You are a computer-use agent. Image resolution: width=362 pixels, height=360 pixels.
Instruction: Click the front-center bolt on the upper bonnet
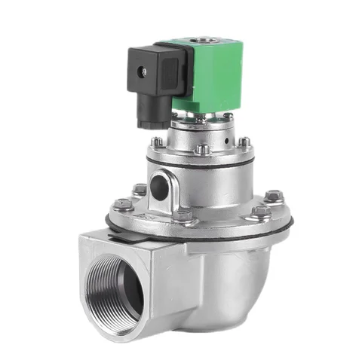click(x=201, y=150)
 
